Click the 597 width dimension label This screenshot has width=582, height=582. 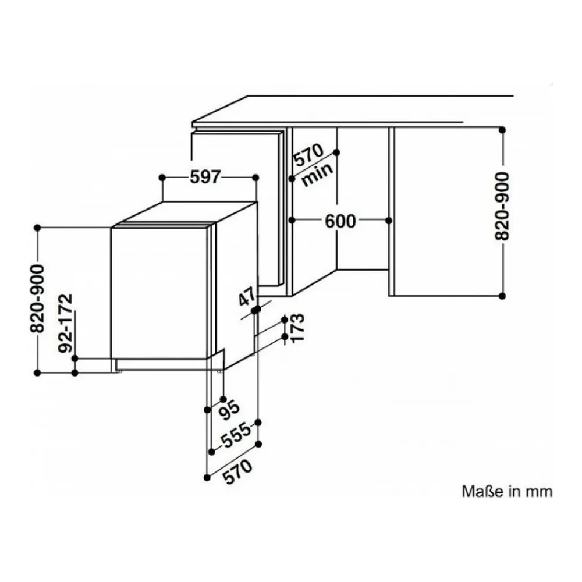click(x=205, y=177)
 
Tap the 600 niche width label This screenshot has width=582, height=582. click(x=340, y=221)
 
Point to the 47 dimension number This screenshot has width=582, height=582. click(x=247, y=296)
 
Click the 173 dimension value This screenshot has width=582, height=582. click(x=297, y=328)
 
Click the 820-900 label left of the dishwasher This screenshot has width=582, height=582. click(x=37, y=299)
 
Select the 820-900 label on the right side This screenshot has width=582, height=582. click(x=503, y=206)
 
